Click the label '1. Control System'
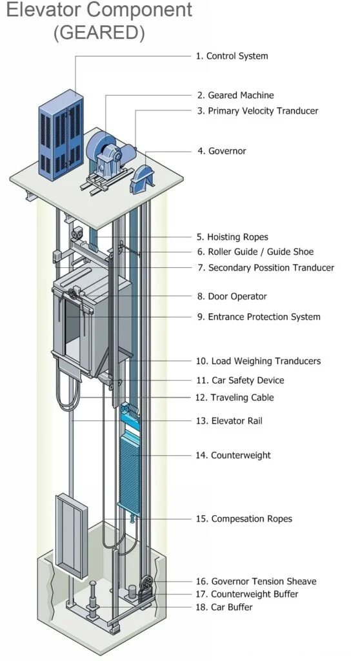click(232, 56)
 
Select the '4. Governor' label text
click(222, 151)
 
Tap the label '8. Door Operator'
click(232, 296)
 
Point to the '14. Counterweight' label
click(233, 455)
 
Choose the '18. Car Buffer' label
click(225, 607)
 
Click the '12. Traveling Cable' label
click(235, 398)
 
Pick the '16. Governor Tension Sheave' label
click(256, 582)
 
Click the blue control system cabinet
click(61, 134)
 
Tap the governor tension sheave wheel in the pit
click(146, 583)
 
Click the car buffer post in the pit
click(92, 598)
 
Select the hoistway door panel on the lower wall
click(71, 535)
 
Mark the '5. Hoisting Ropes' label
click(232, 237)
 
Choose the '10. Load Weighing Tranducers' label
click(259, 361)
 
